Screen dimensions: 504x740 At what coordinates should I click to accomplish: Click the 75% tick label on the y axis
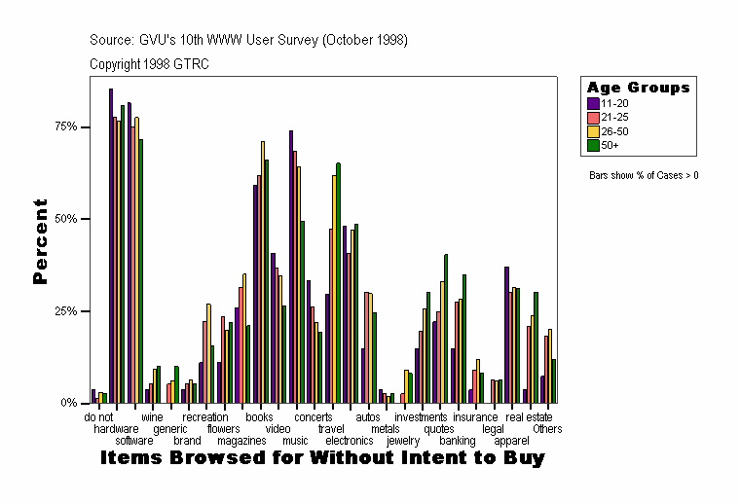[x=65, y=126]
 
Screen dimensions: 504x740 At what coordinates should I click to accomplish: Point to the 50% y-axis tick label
[x=65, y=219]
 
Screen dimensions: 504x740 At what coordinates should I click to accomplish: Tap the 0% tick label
[x=68, y=403]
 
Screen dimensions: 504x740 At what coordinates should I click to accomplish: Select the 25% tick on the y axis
[x=65, y=310]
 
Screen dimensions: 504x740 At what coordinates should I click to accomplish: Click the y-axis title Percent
[x=40, y=241]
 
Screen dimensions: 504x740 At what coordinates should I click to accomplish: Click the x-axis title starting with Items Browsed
[x=322, y=457]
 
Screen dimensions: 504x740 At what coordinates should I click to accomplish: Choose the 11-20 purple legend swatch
[x=592, y=101]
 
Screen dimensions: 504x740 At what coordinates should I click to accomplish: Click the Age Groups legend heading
[x=638, y=88]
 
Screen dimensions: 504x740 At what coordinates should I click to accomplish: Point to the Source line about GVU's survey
[x=247, y=41]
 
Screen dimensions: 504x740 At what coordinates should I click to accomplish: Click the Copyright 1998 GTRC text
[x=149, y=64]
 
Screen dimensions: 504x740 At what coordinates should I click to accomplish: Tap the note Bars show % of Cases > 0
[x=644, y=175]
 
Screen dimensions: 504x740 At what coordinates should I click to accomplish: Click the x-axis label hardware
[x=116, y=428]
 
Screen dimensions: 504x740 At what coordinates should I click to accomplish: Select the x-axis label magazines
[x=236, y=440]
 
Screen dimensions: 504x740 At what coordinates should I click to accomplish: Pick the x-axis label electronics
[x=348, y=440]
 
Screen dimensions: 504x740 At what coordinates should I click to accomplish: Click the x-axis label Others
[x=547, y=428]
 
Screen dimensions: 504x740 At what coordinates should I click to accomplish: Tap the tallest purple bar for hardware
[x=111, y=243]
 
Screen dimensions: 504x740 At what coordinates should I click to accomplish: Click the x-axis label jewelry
[x=403, y=440]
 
